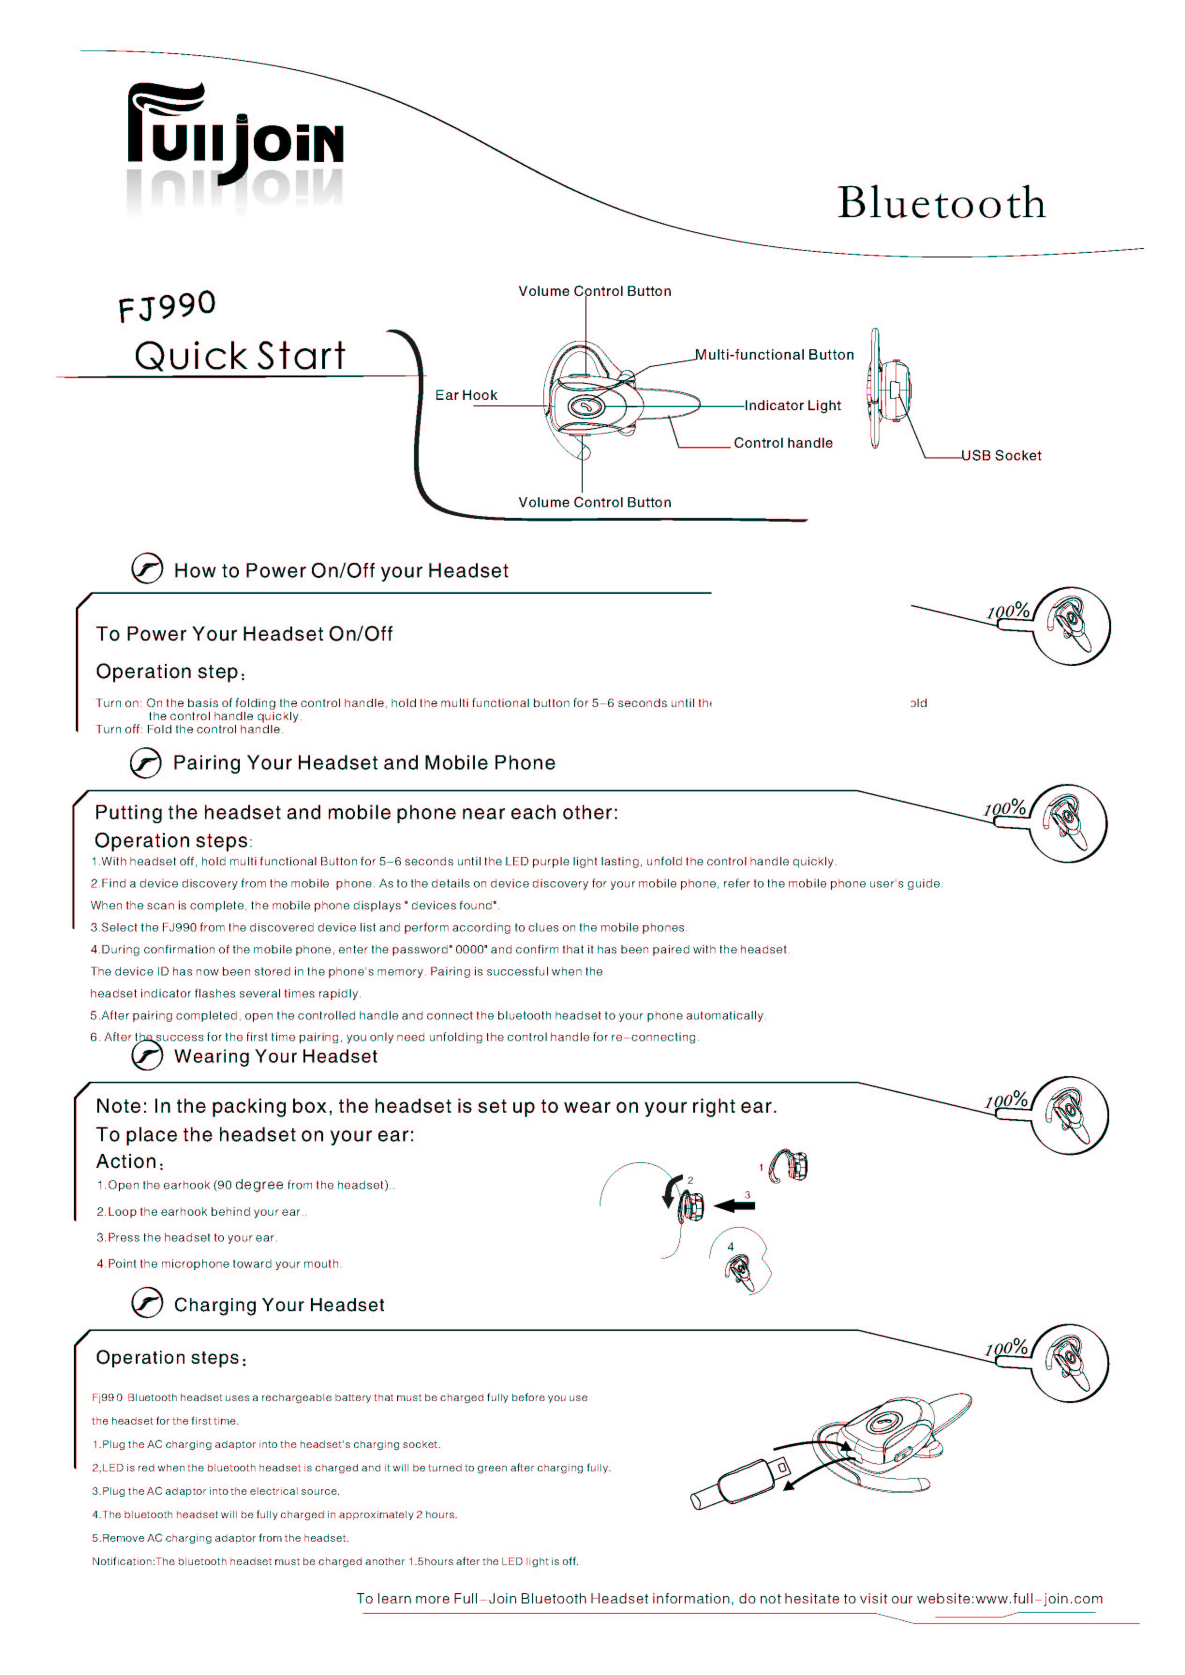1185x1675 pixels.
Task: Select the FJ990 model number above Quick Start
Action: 167,306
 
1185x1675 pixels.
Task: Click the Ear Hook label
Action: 466,395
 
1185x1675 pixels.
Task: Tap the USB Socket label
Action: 1001,456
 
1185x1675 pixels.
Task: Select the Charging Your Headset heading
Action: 279,1305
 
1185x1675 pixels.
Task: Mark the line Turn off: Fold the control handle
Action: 189,730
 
